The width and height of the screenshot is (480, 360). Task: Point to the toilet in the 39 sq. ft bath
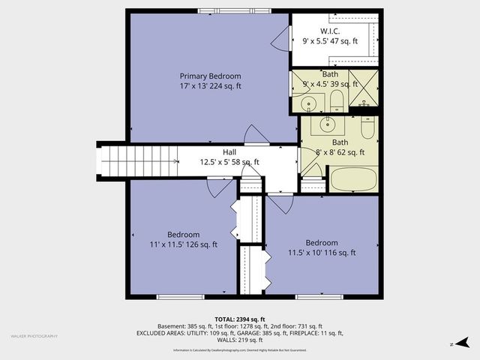pos(337,100)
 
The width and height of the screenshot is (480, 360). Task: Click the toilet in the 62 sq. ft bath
pos(367,128)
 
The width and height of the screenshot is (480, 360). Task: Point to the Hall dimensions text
pos(229,162)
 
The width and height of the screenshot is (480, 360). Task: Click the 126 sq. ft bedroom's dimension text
pos(184,244)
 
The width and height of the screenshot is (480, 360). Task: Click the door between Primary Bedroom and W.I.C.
pos(280,38)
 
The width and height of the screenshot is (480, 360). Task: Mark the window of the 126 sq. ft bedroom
pos(181,297)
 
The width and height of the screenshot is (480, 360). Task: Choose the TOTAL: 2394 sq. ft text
pos(240,319)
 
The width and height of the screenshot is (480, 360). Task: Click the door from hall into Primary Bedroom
pos(256,136)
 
